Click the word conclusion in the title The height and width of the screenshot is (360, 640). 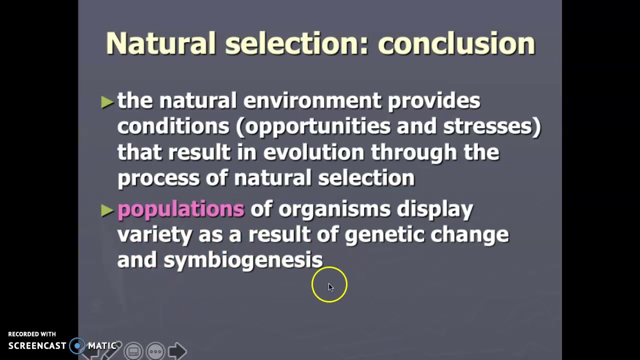click(x=456, y=43)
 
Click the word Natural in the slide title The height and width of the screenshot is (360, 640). click(x=161, y=43)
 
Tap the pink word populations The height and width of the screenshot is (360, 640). click(x=180, y=209)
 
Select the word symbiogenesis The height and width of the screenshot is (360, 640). click(x=243, y=260)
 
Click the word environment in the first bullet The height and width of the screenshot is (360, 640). click(x=312, y=101)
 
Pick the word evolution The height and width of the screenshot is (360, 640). click(x=313, y=152)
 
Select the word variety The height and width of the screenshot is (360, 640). click(x=154, y=234)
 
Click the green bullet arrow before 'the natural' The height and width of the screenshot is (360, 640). click(x=107, y=102)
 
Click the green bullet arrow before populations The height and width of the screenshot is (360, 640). click(x=107, y=210)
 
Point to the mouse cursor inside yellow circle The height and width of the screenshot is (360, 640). click(x=330, y=286)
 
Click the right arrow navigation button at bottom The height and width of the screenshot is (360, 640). click(x=177, y=351)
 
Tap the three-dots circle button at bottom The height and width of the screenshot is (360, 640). click(x=155, y=351)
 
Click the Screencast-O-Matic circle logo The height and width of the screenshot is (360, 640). click(x=77, y=345)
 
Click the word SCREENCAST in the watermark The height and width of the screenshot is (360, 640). click(x=37, y=345)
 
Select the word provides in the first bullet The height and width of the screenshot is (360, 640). click(x=434, y=101)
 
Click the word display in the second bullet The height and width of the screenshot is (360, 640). click(x=434, y=209)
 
